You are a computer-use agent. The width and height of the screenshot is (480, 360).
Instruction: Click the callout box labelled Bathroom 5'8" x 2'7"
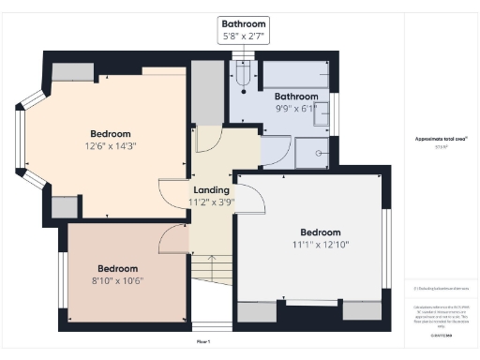point(243,29)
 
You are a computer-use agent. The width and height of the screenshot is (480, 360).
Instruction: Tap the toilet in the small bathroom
point(244,76)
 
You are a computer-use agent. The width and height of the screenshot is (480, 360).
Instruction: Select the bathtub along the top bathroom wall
point(295,73)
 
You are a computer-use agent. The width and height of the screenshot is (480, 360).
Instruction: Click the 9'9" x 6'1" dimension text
point(296,108)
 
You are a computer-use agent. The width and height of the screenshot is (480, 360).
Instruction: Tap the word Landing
point(211,189)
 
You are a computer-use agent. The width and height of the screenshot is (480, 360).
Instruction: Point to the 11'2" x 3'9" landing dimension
point(211,202)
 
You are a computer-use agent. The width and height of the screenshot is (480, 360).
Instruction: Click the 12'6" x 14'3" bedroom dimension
point(111,145)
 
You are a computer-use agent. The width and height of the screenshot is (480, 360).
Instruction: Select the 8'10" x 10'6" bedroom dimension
point(118,279)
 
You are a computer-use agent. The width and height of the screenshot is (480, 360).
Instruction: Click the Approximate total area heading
point(441,138)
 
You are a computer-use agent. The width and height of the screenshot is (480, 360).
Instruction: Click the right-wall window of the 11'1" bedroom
point(385,247)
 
